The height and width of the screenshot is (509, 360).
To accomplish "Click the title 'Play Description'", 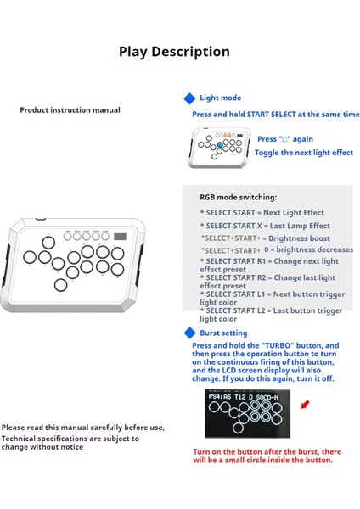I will coord(174,52).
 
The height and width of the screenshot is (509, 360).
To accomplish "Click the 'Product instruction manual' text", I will coord(70,110).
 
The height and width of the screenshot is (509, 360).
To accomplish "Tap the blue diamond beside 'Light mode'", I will coord(189,99).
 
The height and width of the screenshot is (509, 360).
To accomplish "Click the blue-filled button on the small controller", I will coord(220,145).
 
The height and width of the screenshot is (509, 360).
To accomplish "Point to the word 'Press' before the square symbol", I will coord(267,139).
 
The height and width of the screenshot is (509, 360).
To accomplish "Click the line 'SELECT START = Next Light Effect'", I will coord(262,213).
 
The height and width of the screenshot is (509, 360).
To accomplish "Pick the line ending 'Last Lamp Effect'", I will coord(264,226).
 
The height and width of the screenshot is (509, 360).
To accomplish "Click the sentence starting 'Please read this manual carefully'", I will coord(82,428).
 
